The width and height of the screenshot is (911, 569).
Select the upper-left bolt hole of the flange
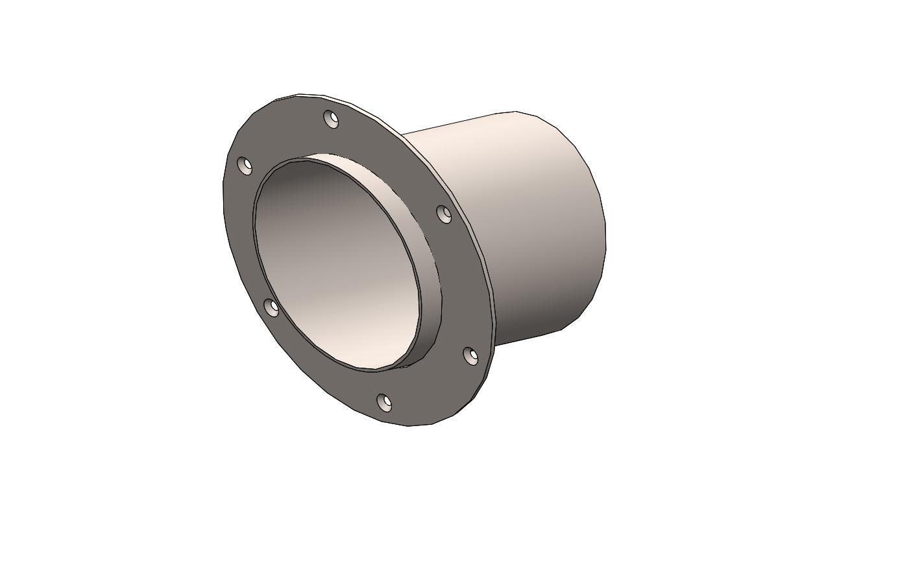[x=245, y=166]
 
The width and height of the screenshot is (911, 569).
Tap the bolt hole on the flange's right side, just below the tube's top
[x=444, y=214]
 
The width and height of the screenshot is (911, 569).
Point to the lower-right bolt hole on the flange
[x=470, y=355]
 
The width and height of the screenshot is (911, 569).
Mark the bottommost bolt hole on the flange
[x=384, y=403]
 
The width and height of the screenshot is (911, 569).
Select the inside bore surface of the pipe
[x=324, y=260]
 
